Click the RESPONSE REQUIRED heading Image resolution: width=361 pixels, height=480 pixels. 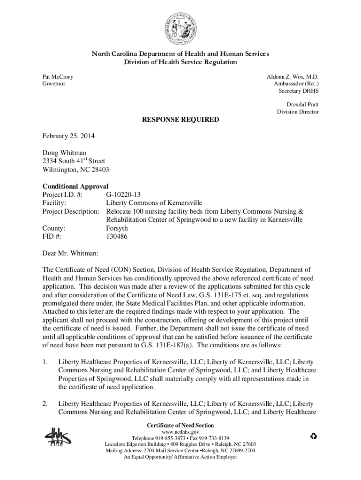(180, 120)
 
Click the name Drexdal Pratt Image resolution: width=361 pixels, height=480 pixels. (302, 104)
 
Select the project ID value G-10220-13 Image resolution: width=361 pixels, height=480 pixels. (124, 195)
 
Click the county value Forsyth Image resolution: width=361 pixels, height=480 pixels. (117, 228)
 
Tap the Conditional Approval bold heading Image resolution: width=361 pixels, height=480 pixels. (75, 186)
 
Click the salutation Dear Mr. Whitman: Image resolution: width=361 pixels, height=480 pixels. (70, 253)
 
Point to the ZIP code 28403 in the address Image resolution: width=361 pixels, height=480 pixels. (100, 170)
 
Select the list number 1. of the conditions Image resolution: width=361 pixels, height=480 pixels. (45, 362)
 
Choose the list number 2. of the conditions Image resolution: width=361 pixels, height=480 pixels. (45, 404)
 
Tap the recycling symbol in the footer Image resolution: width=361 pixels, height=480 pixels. (314, 437)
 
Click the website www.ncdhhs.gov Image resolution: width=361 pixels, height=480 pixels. (180, 431)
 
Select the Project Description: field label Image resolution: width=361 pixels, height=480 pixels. (71, 211)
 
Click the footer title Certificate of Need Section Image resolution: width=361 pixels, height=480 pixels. (180, 425)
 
